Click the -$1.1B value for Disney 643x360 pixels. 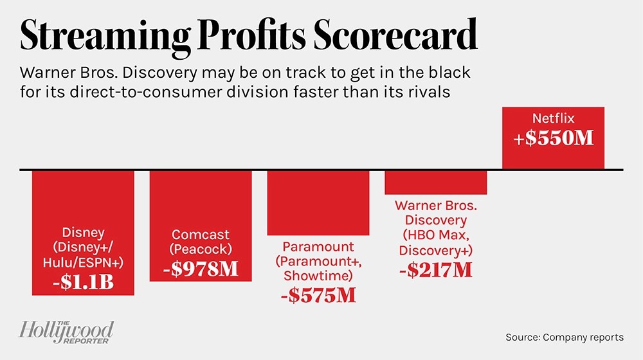tap(83, 282)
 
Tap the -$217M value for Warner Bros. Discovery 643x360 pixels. tap(435, 270)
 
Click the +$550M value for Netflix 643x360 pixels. tap(553, 138)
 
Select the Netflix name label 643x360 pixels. tap(553, 119)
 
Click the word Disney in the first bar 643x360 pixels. tap(83, 232)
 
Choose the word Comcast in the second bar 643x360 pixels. tap(201, 235)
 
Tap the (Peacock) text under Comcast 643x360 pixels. tap(201, 249)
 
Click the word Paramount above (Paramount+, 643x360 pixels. tap(318, 247)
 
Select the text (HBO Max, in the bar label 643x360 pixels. tap(435, 235)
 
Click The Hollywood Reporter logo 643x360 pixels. tap(66, 332)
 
